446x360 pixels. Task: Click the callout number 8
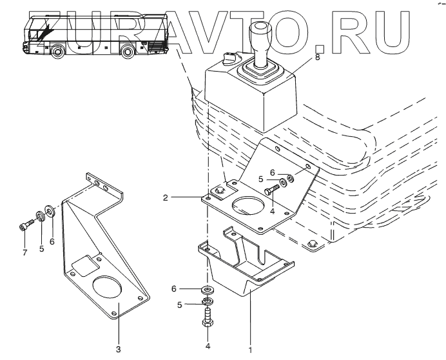point(316,58)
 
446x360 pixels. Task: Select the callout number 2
point(166,197)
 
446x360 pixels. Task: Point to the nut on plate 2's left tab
point(218,191)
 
